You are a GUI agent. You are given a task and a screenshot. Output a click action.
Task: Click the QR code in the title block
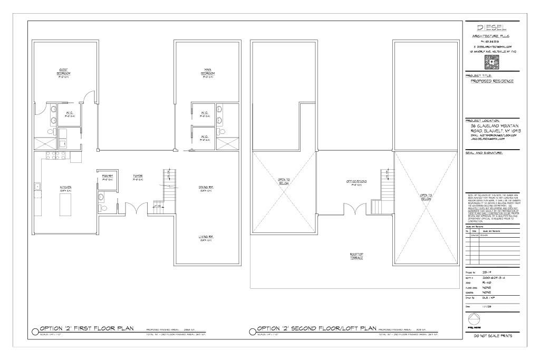(491, 62)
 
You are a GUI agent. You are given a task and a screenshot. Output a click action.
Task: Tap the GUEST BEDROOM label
(64, 72)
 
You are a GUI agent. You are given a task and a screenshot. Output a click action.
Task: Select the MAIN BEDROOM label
(207, 72)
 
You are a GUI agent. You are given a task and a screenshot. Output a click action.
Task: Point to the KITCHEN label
(65, 188)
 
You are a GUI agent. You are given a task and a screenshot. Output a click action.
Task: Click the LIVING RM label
(206, 238)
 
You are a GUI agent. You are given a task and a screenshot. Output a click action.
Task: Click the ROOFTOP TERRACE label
(357, 256)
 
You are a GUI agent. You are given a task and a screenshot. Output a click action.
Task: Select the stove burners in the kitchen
(52, 155)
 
